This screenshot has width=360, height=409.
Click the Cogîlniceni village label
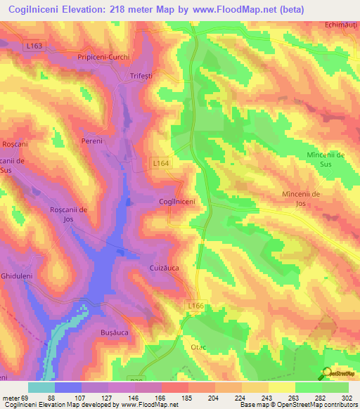(176, 202)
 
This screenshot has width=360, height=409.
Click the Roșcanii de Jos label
(68, 214)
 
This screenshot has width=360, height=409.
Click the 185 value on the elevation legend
(186, 397)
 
